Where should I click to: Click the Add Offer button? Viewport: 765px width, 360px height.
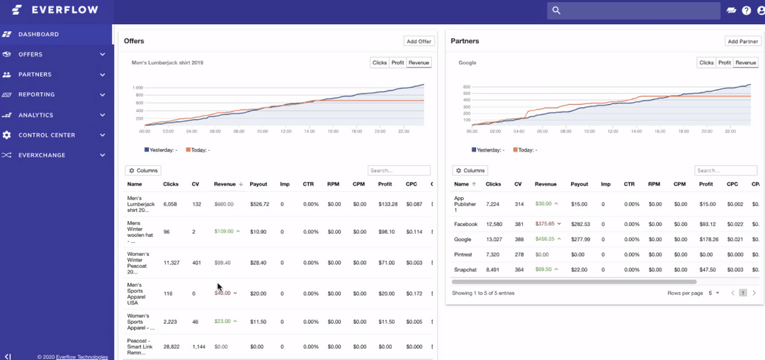coord(419,42)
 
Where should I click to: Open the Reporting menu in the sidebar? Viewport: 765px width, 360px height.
coord(36,94)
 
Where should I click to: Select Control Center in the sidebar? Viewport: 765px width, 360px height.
coord(46,135)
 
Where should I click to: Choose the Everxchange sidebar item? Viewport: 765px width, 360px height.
coord(41,155)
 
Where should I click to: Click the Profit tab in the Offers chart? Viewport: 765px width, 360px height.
coord(397,63)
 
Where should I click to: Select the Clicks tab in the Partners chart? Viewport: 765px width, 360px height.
coord(706,63)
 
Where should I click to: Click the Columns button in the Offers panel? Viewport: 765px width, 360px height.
coord(143,171)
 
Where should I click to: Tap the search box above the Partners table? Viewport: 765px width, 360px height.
coord(725,171)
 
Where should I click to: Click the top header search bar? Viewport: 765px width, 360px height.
coord(633,11)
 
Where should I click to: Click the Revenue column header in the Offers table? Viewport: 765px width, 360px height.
coord(225,184)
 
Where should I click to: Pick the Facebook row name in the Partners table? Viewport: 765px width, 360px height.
coord(465,224)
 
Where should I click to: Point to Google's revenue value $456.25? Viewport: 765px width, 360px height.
coord(545,240)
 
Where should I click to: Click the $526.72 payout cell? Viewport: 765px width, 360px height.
coord(259,204)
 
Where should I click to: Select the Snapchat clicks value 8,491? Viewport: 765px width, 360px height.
coord(494,270)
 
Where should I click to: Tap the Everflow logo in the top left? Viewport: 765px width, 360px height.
coord(55,10)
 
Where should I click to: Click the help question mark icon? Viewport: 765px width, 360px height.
coord(746,11)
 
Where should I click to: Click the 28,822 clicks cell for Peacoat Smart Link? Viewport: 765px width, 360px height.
coord(171,347)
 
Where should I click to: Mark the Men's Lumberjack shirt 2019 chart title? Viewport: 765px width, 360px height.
coord(167,63)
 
